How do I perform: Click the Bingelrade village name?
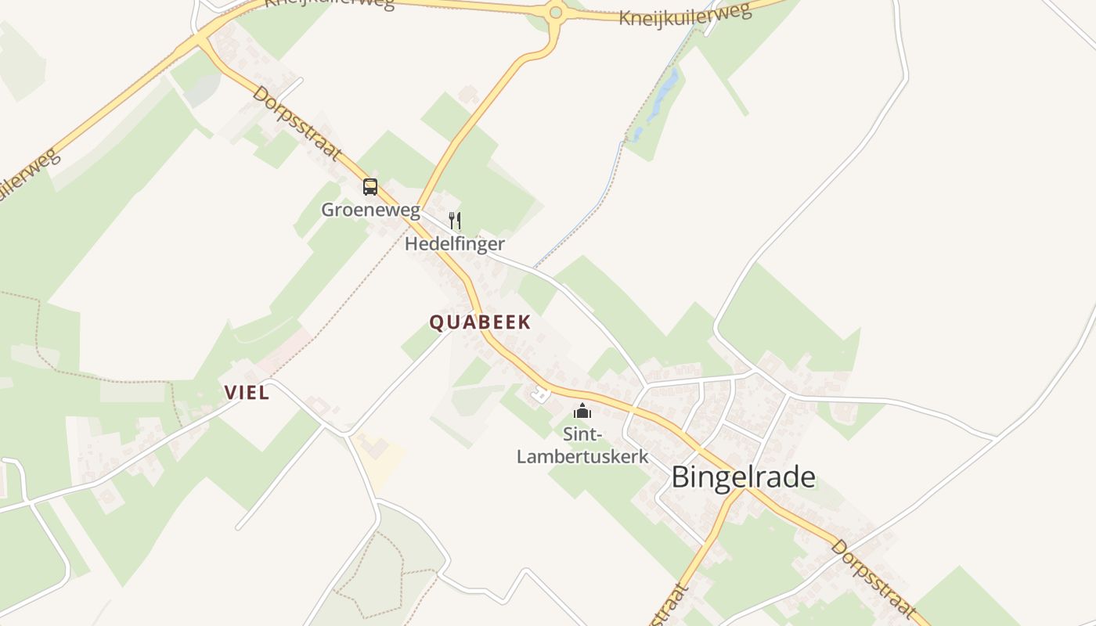743,477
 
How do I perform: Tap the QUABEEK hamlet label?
480,322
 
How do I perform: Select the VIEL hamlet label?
247,393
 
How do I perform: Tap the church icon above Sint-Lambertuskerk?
582,411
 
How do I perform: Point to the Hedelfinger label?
454,243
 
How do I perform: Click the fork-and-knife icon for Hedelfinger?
454,221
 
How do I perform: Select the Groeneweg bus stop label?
370,210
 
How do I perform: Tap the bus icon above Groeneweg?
370,187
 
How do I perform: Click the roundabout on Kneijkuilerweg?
556,12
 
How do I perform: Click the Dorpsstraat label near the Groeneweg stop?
297,123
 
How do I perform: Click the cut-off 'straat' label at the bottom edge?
669,606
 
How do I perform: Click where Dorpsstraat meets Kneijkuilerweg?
200,35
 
